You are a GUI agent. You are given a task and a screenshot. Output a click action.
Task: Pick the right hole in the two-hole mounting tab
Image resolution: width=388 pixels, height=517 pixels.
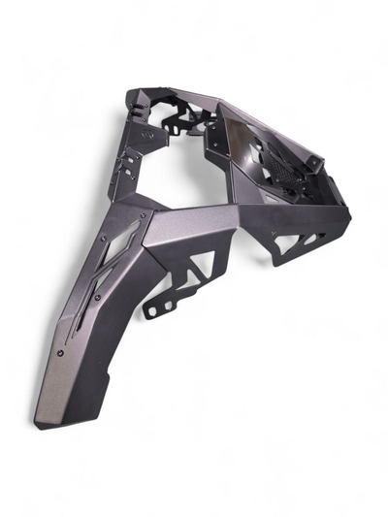167,306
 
